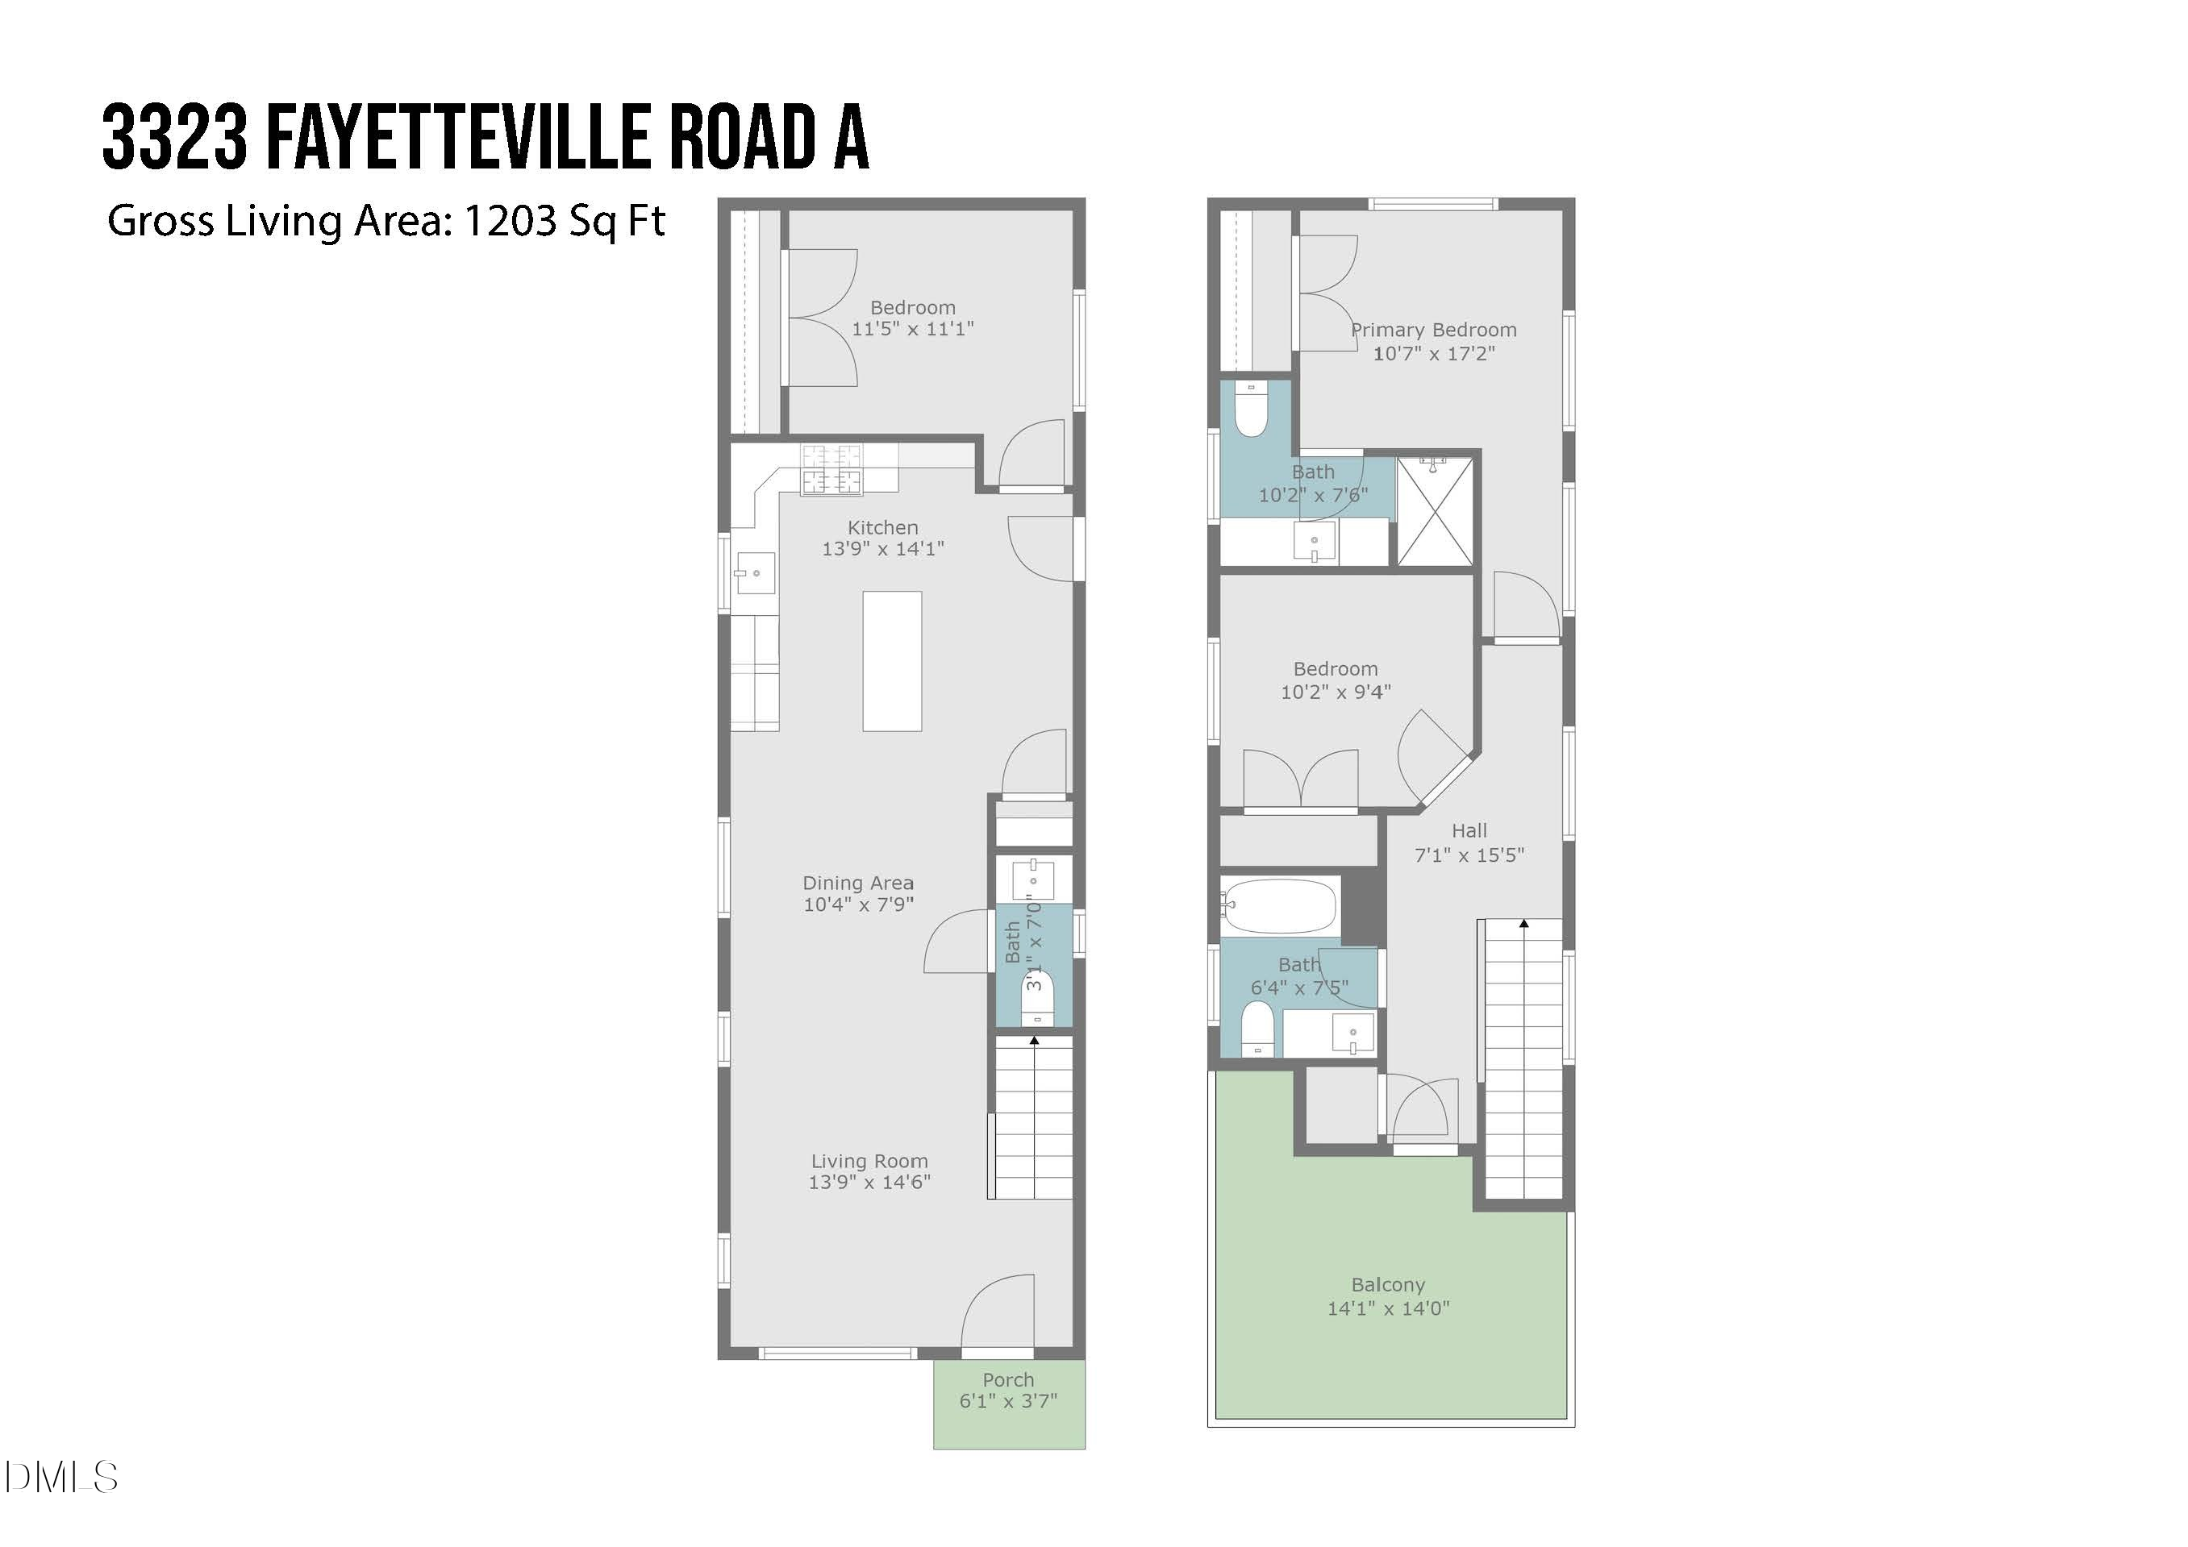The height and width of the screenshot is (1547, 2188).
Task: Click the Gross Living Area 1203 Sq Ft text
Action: click(x=386, y=221)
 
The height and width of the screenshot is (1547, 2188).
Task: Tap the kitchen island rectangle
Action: click(x=892, y=661)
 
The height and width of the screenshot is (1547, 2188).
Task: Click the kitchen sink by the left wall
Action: click(x=754, y=573)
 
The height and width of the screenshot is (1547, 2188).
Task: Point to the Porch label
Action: click(x=1008, y=1380)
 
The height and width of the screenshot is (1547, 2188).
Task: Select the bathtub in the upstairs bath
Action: click(x=1280, y=906)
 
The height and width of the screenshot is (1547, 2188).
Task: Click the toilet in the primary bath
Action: click(x=1250, y=410)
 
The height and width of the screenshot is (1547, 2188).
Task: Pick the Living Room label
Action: click(x=869, y=1161)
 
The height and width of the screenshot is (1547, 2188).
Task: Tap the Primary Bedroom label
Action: click(x=1433, y=331)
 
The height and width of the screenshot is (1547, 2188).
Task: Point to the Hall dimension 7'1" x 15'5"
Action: click(x=1469, y=855)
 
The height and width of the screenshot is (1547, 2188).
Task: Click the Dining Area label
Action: click(x=857, y=883)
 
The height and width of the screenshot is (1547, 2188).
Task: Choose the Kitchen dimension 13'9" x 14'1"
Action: click(x=882, y=549)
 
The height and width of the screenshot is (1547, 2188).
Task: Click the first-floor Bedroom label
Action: click(x=912, y=308)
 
